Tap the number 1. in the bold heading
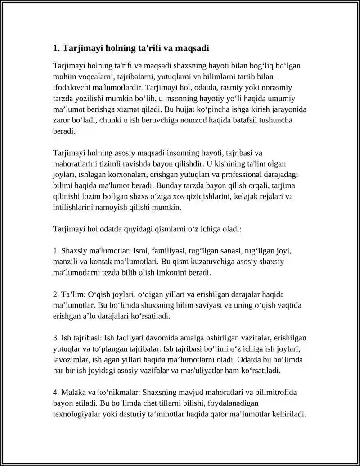click(56, 48)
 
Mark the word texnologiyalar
click(81, 414)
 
